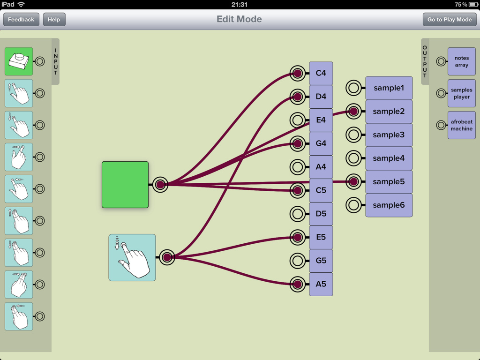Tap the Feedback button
point(21,20)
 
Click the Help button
point(54,20)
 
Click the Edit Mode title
point(239,19)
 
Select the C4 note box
point(321,73)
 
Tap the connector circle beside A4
point(297,167)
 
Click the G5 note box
point(321,261)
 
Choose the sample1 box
point(389,88)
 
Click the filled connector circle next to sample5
point(353,181)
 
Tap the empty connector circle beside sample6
point(353,205)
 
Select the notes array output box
point(461,61)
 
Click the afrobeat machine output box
point(461,125)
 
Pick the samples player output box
point(461,93)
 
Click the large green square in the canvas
point(125,185)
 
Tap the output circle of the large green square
point(160,185)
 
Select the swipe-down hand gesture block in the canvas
point(132,257)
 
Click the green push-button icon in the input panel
point(19,61)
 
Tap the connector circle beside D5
point(297,214)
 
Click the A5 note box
point(321,284)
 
